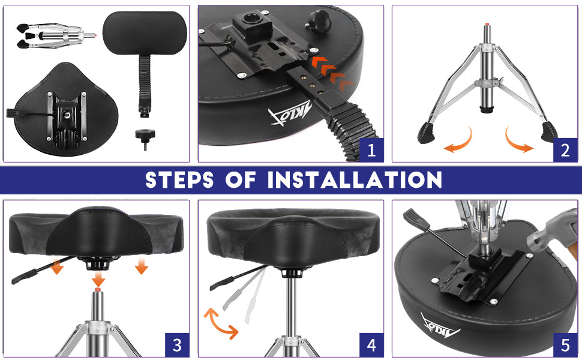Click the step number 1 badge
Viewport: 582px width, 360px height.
371,150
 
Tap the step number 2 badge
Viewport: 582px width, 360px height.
565,150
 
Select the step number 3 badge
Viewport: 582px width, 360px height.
177,345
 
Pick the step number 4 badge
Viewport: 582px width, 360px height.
371,345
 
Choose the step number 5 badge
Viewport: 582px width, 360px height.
565,345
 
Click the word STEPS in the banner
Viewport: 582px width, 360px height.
179,180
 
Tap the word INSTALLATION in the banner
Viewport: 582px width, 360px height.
355,180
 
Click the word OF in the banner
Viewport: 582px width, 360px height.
241,180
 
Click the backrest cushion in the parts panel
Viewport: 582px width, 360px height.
145,32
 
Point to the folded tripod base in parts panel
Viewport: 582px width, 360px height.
55,36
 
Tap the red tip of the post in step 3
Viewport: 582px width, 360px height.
98,289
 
